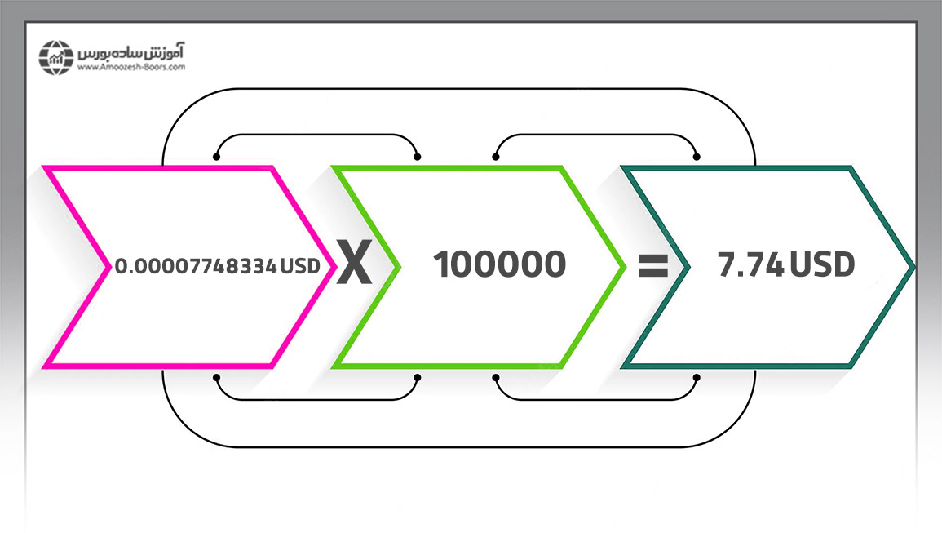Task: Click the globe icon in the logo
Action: [56, 58]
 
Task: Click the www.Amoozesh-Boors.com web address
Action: [131, 68]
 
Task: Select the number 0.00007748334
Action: [196, 266]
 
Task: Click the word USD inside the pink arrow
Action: [300, 266]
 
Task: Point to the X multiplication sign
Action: [354, 262]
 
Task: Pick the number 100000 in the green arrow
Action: [500, 264]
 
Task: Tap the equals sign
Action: [653, 265]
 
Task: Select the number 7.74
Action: [751, 264]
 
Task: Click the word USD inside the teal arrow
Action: [822, 264]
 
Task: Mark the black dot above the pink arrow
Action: [216, 157]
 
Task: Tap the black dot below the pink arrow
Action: [216, 378]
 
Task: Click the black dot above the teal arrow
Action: [697, 157]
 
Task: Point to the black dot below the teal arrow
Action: [697, 378]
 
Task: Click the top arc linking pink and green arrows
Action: [316, 135]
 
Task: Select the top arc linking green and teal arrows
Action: [596, 135]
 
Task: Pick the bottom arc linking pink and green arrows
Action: [316, 399]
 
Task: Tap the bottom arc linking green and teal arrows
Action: [596, 399]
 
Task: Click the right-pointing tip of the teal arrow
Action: [914, 266]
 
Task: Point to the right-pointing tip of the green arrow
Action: [626, 266]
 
